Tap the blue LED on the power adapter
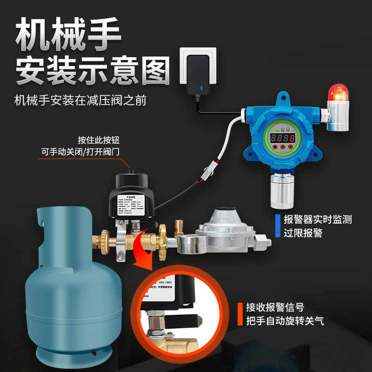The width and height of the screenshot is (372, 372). (x=200, y=87)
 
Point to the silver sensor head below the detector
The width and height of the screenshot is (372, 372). (x=283, y=191)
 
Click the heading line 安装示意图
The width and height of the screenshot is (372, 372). (x=93, y=71)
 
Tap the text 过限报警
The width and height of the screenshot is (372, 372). (x=303, y=233)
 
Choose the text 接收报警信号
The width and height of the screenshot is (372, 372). (x=275, y=307)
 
